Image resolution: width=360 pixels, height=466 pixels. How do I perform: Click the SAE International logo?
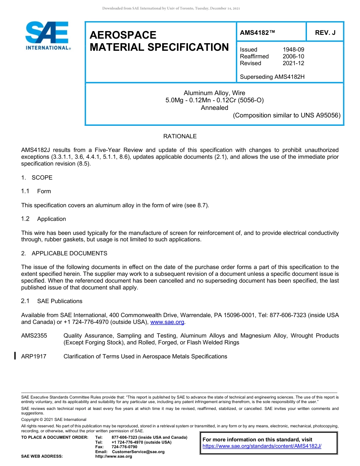coord(47,36)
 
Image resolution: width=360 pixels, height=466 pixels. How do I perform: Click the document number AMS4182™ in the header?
coord(257,33)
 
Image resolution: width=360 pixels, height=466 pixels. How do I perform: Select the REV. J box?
coord(325,33)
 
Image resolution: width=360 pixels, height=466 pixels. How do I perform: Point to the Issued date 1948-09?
coord(293,50)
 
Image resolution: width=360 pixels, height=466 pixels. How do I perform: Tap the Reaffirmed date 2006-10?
coord(293,56)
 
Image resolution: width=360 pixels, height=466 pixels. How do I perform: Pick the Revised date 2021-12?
coord(293,63)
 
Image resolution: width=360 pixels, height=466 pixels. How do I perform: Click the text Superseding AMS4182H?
coord(272,77)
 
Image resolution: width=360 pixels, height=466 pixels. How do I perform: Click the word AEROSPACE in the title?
coord(123,35)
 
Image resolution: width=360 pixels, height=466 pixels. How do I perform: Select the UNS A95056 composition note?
coord(286,115)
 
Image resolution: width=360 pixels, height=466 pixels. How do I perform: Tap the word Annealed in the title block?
coord(214,108)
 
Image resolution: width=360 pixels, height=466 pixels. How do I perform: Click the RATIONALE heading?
coord(180,136)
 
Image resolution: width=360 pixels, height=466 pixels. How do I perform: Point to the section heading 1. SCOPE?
coord(37,178)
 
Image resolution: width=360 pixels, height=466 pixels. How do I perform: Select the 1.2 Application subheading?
coord(44,219)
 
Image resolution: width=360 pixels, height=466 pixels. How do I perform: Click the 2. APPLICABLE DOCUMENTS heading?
coord(64,253)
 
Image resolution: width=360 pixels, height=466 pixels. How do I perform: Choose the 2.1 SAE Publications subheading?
coord(52,301)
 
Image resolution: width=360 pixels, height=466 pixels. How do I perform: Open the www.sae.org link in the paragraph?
coord(167,322)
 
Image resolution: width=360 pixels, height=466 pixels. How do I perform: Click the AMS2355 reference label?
coord(34,336)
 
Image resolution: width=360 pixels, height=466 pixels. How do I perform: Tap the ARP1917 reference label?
coord(34,357)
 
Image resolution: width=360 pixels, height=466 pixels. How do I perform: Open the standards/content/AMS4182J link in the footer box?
coord(262,446)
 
